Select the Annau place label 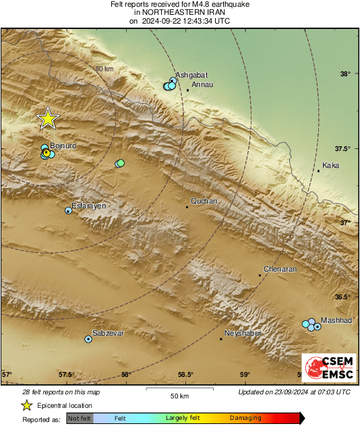pyautogui.click(x=202, y=84)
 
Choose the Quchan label pyautogui.click(x=204, y=201)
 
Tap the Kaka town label pyautogui.click(x=330, y=165)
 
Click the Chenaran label pyautogui.click(x=280, y=269)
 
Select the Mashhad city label pyautogui.click(x=336, y=320)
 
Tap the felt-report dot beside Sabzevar pyautogui.click(x=88, y=339)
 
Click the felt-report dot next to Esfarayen pyautogui.click(x=68, y=211)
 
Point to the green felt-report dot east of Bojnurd pyautogui.click(x=120, y=163)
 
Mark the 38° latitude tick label pyautogui.click(x=345, y=74)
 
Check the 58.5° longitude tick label pyautogui.click(x=185, y=375)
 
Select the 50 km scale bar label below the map pyautogui.click(x=178, y=396)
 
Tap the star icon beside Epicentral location pyautogui.click(x=26, y=405)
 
